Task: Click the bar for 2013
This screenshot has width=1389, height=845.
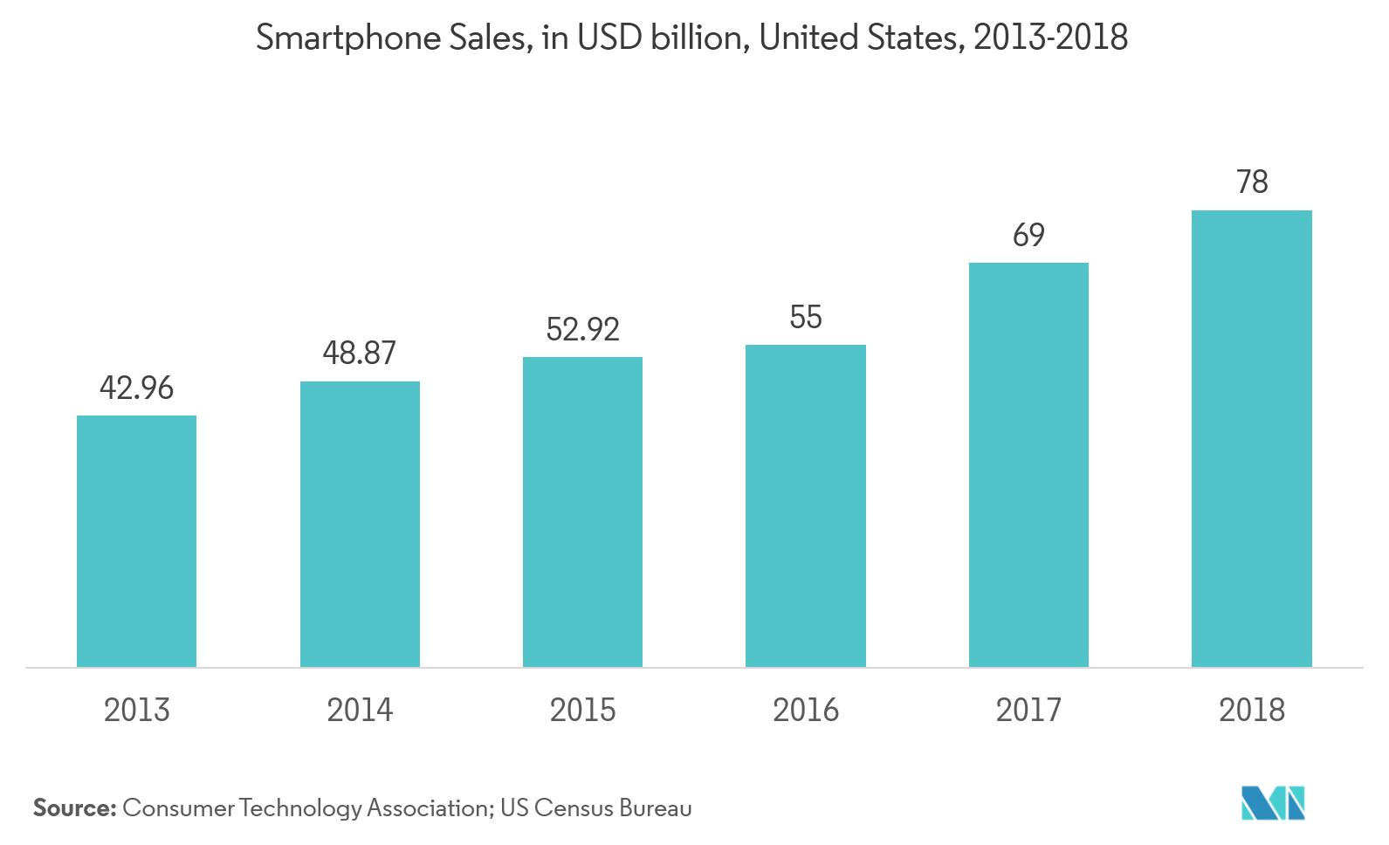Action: coord(136,541)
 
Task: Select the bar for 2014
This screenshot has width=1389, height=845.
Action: coord(360,524)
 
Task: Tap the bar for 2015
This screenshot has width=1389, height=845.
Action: coord(582,512)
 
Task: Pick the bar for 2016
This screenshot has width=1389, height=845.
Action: coord(805,505)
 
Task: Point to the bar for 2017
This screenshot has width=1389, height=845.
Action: coord(1028,464)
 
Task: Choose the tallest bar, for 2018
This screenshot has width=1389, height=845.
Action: coord(1251,438)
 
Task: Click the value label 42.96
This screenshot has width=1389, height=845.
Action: coord(136,388)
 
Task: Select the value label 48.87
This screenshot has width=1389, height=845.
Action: coord(360,353)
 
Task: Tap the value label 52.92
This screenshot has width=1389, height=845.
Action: coord(582,329)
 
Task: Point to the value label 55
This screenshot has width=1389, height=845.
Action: coord(805,317)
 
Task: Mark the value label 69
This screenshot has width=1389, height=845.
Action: coord(1028,235)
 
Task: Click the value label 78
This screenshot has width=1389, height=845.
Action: coord(1252,182)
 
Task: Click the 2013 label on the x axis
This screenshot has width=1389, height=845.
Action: coord(136,710)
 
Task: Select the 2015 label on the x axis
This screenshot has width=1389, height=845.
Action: coord(582,710)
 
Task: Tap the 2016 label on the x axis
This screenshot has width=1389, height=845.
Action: coord(805,710)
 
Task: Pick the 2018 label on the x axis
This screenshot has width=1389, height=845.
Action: coord(1251,710)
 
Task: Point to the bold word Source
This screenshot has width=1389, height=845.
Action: coord(74,808)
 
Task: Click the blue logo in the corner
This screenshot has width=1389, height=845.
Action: coord(1273,803)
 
